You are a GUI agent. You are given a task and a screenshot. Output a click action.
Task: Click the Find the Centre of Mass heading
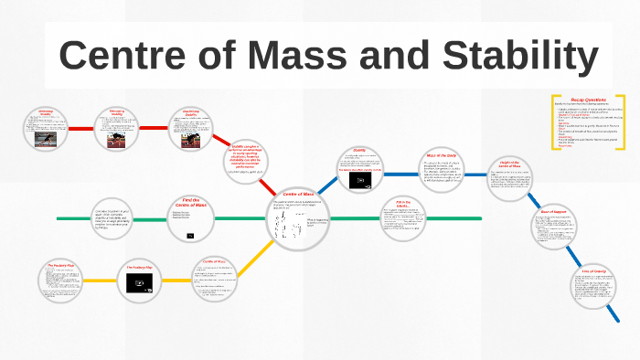pyautogui.click(x=190, y=203)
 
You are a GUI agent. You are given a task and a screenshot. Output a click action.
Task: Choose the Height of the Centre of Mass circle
pyautogui.click(x=508, y=177)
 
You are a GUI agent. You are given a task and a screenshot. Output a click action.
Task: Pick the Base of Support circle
pyautogui.click(x=555, y=228)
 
